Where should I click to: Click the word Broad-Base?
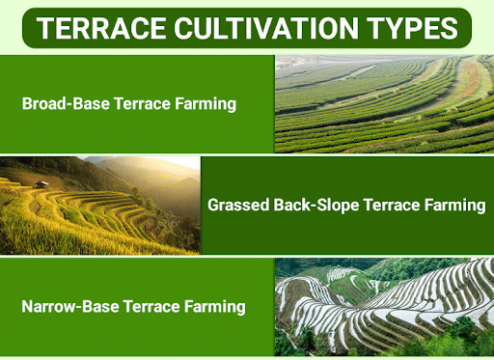pos(60,103)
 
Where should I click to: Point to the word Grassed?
pos(240,205)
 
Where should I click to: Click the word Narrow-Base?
pos(64,307)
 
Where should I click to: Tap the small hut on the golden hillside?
pos(41,182)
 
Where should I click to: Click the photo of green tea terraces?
pos(384,102)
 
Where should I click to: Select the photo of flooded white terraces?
pos(384,307)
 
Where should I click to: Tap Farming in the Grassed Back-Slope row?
pos(452,205)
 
